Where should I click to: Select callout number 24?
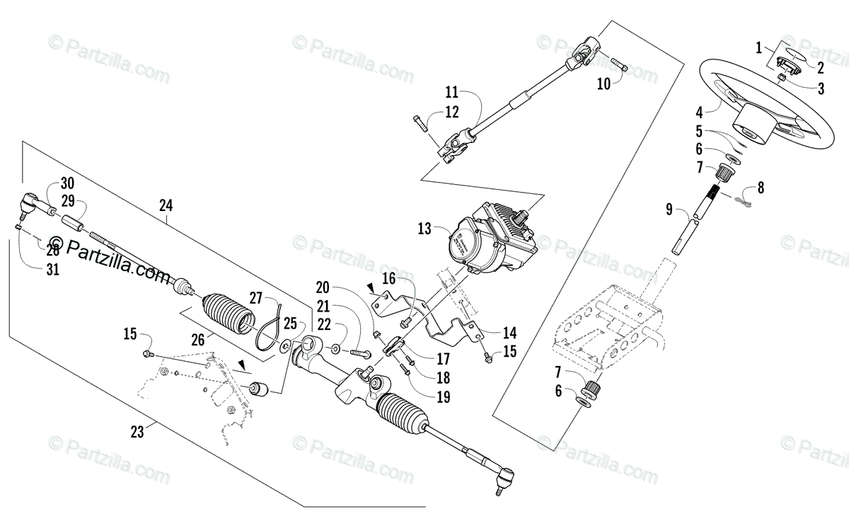[166, 206]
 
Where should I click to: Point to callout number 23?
[137, 431]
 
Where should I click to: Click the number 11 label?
[452, 92]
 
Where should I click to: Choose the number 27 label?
[255, 297]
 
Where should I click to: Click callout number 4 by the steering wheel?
[699, 111]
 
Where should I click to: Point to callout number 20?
[323, 287]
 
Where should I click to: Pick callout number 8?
[761, 188]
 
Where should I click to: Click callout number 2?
[821, 68]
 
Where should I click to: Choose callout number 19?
[443, 397]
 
